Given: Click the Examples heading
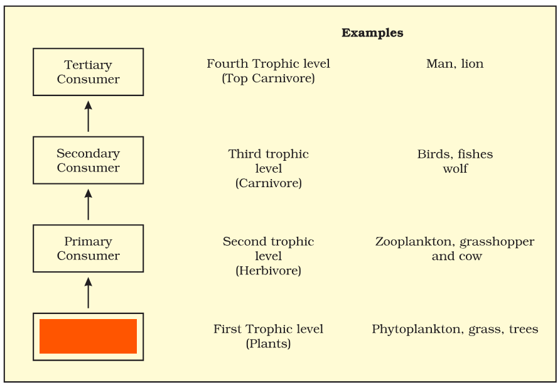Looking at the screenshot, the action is point(372,33).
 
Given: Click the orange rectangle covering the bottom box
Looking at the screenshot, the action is point(89,336).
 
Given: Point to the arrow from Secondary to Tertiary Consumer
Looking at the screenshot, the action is point(89,116).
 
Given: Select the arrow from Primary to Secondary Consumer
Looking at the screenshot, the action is point(89,204).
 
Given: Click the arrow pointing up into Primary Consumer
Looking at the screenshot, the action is point(89,293).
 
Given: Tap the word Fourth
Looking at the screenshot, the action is point(227,63).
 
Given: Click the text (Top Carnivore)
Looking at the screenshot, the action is point(268,79).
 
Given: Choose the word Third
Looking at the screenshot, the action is point(242,154).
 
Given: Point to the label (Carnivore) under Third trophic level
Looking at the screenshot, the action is point(269,183).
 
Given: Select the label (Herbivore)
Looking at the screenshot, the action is point(268,271).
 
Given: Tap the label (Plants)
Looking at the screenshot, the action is point(268,344).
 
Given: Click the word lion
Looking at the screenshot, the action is point(472,63).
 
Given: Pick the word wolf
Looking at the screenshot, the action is point(455,168).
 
